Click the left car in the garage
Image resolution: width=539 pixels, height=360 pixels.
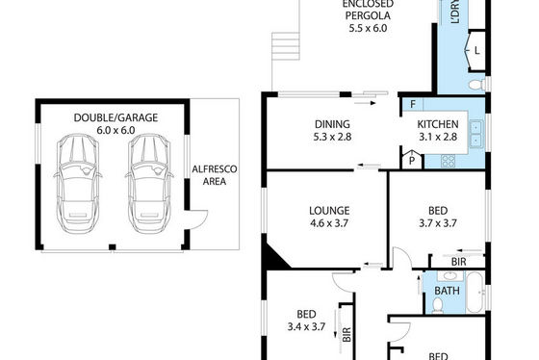tap(78, 184)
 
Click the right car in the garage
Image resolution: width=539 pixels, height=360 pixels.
tap(149, 184)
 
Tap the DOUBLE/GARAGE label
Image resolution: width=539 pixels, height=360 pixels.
tap(115, 117)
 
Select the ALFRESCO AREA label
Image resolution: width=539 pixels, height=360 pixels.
tap(214, 175)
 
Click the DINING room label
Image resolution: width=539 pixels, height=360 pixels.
tap(332, 124)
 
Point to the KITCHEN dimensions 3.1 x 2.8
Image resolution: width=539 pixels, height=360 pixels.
tap(438, 137)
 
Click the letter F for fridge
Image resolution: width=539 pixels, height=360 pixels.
tap(413, 104)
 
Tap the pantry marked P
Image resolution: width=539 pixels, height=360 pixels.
tap(412, 160)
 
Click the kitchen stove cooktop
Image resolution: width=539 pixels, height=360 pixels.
tap(449, 161)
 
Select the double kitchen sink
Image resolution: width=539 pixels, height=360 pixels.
tap(476, 134)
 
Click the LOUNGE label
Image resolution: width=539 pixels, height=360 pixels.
tap(329, 211)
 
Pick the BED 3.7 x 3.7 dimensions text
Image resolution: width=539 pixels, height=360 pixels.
tap(438, 223)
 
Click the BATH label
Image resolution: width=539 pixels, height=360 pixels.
tap(447, 291)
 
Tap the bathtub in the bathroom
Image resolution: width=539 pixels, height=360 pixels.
tap(475, 293)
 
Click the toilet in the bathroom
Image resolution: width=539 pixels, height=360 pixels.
tap(437, 305)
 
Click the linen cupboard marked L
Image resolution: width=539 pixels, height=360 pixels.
tap(476, 51)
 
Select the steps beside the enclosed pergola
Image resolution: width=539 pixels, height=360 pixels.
tap(285, 46)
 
